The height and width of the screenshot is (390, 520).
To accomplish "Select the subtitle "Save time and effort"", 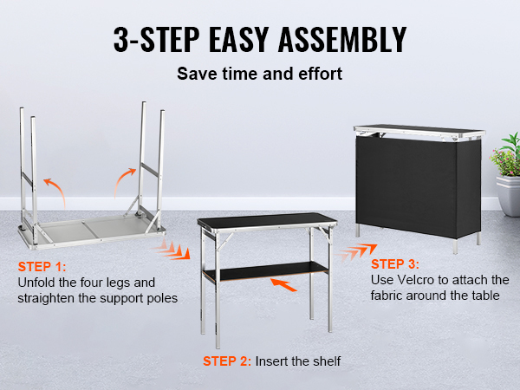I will click(x=259, y=74).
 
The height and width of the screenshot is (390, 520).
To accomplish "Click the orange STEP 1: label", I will click(x=41, y=268).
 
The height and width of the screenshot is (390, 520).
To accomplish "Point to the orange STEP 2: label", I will click(x=227, y=361).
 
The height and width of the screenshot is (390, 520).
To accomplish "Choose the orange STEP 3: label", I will click(x=394, y=263).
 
